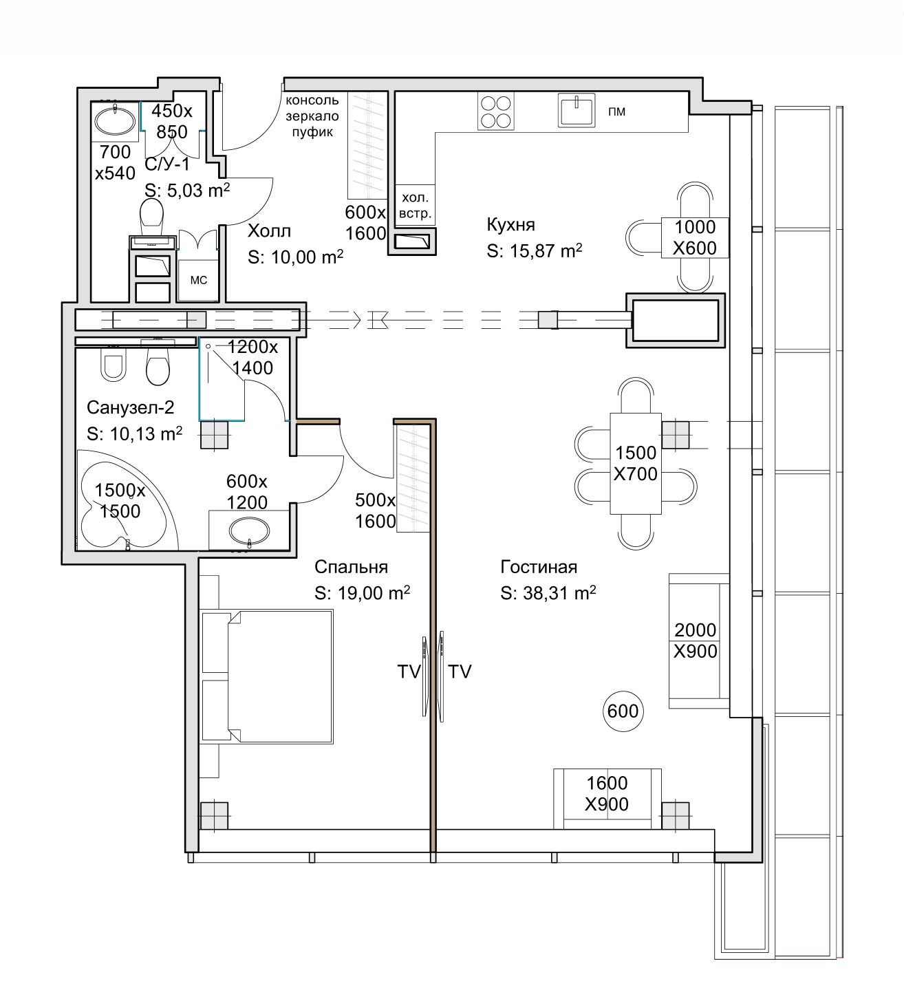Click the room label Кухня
[510, 224]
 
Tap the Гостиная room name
[539, 567]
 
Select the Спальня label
[351, 567]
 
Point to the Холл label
[269, 230]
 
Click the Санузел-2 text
[131, 407]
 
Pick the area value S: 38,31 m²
[548, 593]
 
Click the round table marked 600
[623, 711]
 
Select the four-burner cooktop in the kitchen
[495, 111]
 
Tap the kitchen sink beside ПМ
[577, 110]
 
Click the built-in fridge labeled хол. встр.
[416, 205]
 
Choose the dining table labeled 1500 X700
[636, 464]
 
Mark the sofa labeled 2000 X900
[698, 641]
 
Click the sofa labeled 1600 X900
[607, 798]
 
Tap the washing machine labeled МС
[198, 280]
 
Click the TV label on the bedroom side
[409, 672]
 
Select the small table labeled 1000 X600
[695, 237]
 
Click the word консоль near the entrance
[312, 100]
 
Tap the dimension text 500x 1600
[376, 511]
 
